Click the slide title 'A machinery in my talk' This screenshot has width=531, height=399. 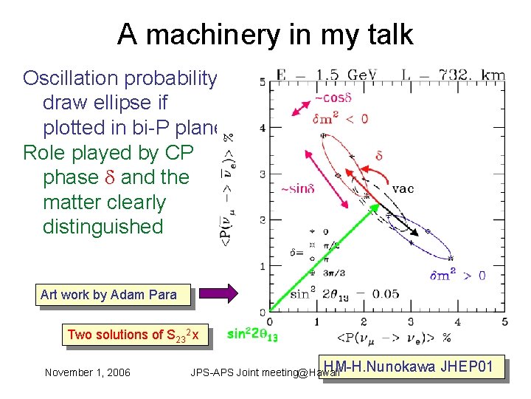coord(265,34)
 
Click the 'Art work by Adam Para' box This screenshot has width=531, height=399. coord(108,295)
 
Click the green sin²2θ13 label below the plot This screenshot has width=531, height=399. coord(252,334)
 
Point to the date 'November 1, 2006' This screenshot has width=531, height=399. coord(87,372)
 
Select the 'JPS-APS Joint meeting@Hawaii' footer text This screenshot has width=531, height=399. coord(264,372)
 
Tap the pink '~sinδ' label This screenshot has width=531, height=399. coord(298,189)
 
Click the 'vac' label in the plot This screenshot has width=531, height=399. coord(403,188)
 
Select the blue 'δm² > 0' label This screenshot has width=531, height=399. coord(457,276)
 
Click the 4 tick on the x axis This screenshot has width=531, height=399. coord(457,321)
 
